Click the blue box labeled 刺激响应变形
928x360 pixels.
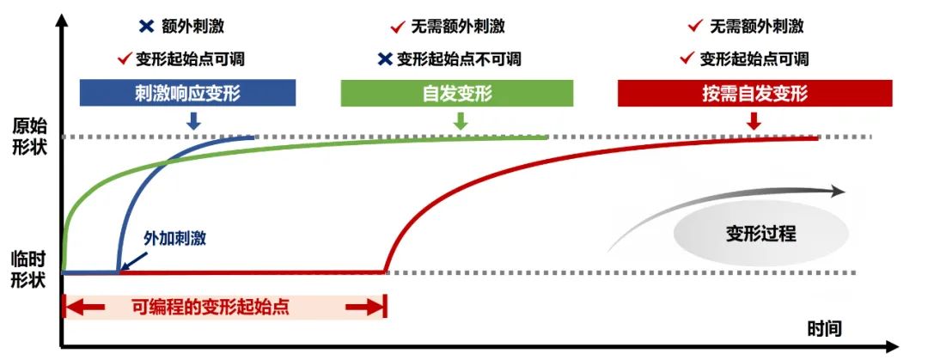pyautogui.click(x=187, y=93)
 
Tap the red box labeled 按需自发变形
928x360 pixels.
pyautogui.click(x=754, y=93)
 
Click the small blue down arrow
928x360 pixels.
pyautogui.click(x=192, y=121)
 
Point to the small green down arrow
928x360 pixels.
pyautogui.click(x=461, y=121)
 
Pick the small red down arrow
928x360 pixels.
pyautogui.click(x=754, y=121)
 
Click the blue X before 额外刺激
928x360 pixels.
pyautogui.click(x=145, y=27)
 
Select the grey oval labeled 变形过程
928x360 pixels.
pyautogui.click(x=760, y=231)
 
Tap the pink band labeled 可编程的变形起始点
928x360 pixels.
pyautogui.click(x=224, y=307)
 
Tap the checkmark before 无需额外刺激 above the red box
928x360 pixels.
pyautogui.click(x=696, y=27)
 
